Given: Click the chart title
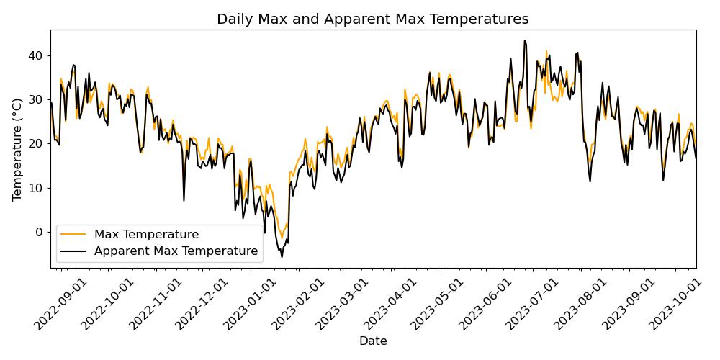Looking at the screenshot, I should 373,19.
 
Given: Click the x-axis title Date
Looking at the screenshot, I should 373,341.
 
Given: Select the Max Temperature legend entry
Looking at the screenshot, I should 146,234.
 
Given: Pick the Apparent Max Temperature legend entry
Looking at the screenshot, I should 176,251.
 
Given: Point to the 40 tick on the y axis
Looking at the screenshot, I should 35,55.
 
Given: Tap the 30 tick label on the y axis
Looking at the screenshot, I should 35,99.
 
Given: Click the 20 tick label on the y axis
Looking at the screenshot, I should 35,143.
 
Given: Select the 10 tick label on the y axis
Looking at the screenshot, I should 35,188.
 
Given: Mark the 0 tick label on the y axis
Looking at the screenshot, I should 39,232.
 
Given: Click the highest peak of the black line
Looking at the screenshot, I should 524,41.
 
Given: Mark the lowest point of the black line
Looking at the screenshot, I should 282,257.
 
